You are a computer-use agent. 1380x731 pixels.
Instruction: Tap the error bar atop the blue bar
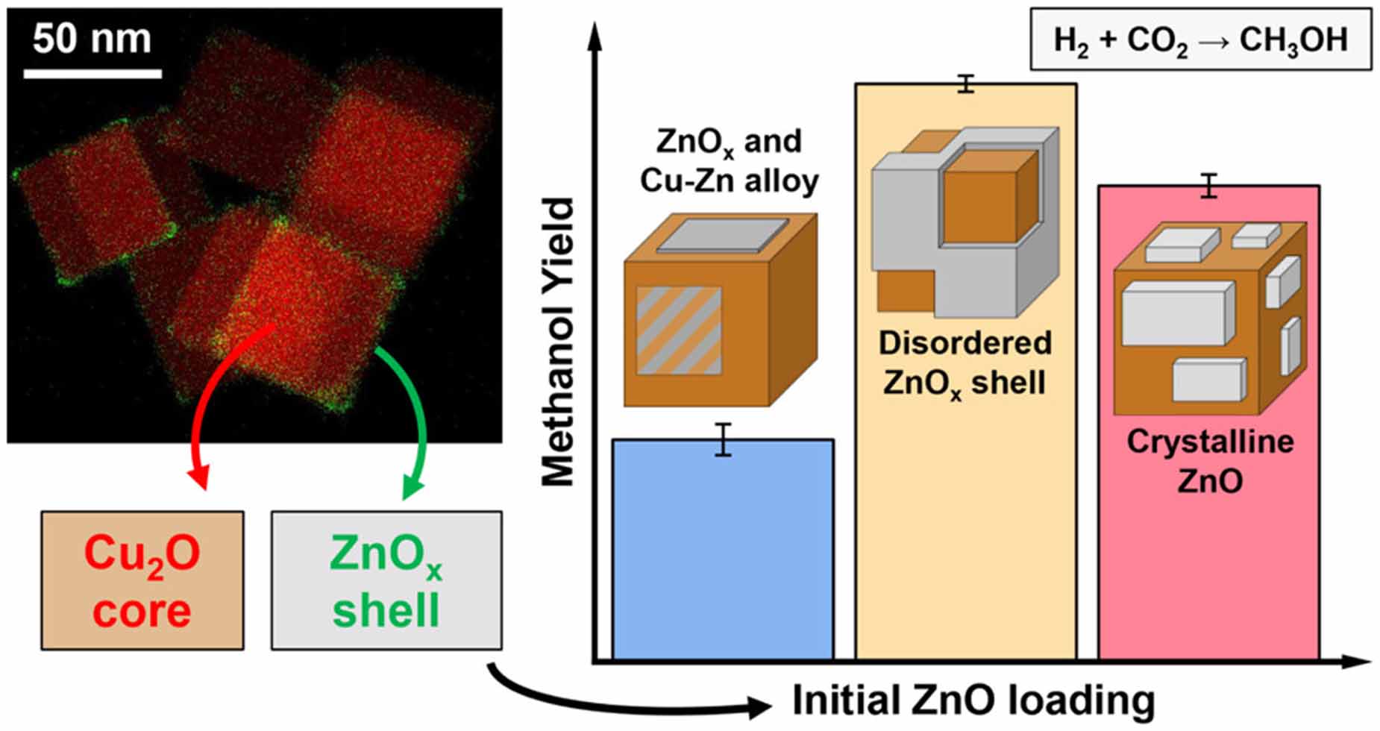[x=723, y=439]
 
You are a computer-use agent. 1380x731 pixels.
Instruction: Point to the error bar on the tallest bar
[x=966, y=84]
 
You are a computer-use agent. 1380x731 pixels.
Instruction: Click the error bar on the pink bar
[x=1208, y=186]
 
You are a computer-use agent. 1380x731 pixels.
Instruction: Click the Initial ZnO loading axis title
[x=973, y=700]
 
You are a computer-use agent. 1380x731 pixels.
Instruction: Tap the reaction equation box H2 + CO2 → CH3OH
[x=1200, y=40]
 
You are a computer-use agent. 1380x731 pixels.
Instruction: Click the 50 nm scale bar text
[x=92, y=39]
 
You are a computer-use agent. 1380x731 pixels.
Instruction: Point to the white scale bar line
[x=92, y=73]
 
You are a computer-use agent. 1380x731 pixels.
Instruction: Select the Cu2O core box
[x=142, y=580]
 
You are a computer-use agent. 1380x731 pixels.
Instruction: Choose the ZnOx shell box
[x=386, y=580]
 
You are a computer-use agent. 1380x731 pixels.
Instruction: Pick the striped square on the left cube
[x=679, y=330]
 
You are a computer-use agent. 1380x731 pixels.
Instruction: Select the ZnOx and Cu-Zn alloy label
[x=729, y=161]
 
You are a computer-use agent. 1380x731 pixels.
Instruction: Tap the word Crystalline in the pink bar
[x=1209, y=442]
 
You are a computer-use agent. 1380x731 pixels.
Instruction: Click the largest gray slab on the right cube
[x=1174, y=313]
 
